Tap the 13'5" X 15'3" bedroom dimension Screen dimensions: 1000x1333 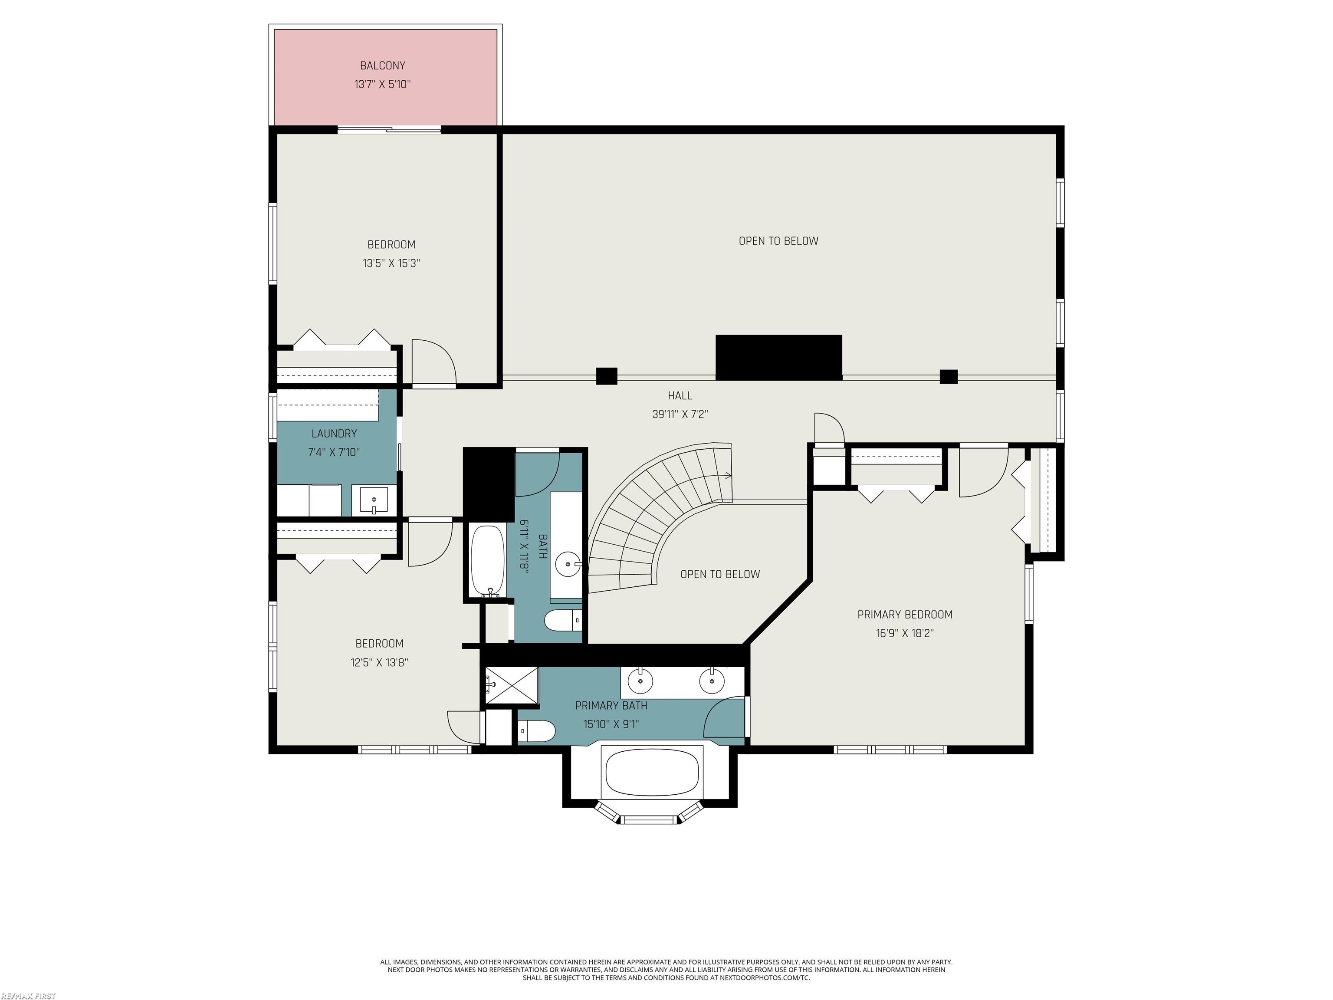click(391, 263)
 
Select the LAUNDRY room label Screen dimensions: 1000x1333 click(334, 434)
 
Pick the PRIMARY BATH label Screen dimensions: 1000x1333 click(611, 705)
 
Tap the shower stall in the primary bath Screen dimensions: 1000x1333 click(512, 685)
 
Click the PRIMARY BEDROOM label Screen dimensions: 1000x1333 click(905, 615)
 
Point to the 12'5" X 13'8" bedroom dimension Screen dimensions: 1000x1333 click(379, 662)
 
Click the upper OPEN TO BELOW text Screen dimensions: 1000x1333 click(778, 241)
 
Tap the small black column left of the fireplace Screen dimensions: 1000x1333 click(606, 376)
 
